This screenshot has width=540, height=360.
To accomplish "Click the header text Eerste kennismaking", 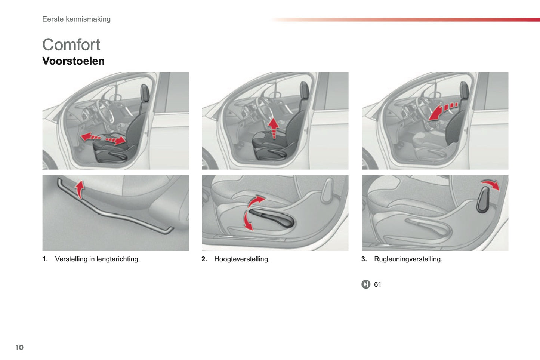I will (x=76, y=19).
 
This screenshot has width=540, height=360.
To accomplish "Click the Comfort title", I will (x=71, y=45).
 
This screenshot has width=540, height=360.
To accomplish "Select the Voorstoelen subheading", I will (x=73, y=61).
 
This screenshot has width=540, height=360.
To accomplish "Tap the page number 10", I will (x=19, y=347).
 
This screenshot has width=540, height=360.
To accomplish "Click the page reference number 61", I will (x=377, y=284).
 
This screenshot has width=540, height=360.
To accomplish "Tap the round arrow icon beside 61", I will (x=365, y=284).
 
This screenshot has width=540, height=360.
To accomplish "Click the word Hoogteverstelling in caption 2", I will (x=241, y=259).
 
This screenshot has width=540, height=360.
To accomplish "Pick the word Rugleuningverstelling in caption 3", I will (x=408, y=259).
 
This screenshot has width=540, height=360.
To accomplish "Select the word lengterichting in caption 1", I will (x=118, y=259).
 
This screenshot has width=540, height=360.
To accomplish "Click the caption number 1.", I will (x=45, y=259).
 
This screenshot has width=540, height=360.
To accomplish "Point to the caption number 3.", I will (x=364, y=259).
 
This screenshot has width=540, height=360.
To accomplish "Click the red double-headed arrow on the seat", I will (x=103, y=139).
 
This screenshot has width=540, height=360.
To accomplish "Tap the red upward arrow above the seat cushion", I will (x=274, y=127).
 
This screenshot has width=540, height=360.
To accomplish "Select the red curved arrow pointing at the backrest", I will (x=441, y=111).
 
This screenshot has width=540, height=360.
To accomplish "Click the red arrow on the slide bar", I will (x=79, y=189).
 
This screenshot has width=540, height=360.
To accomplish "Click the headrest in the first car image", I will (x=145, y=93).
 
